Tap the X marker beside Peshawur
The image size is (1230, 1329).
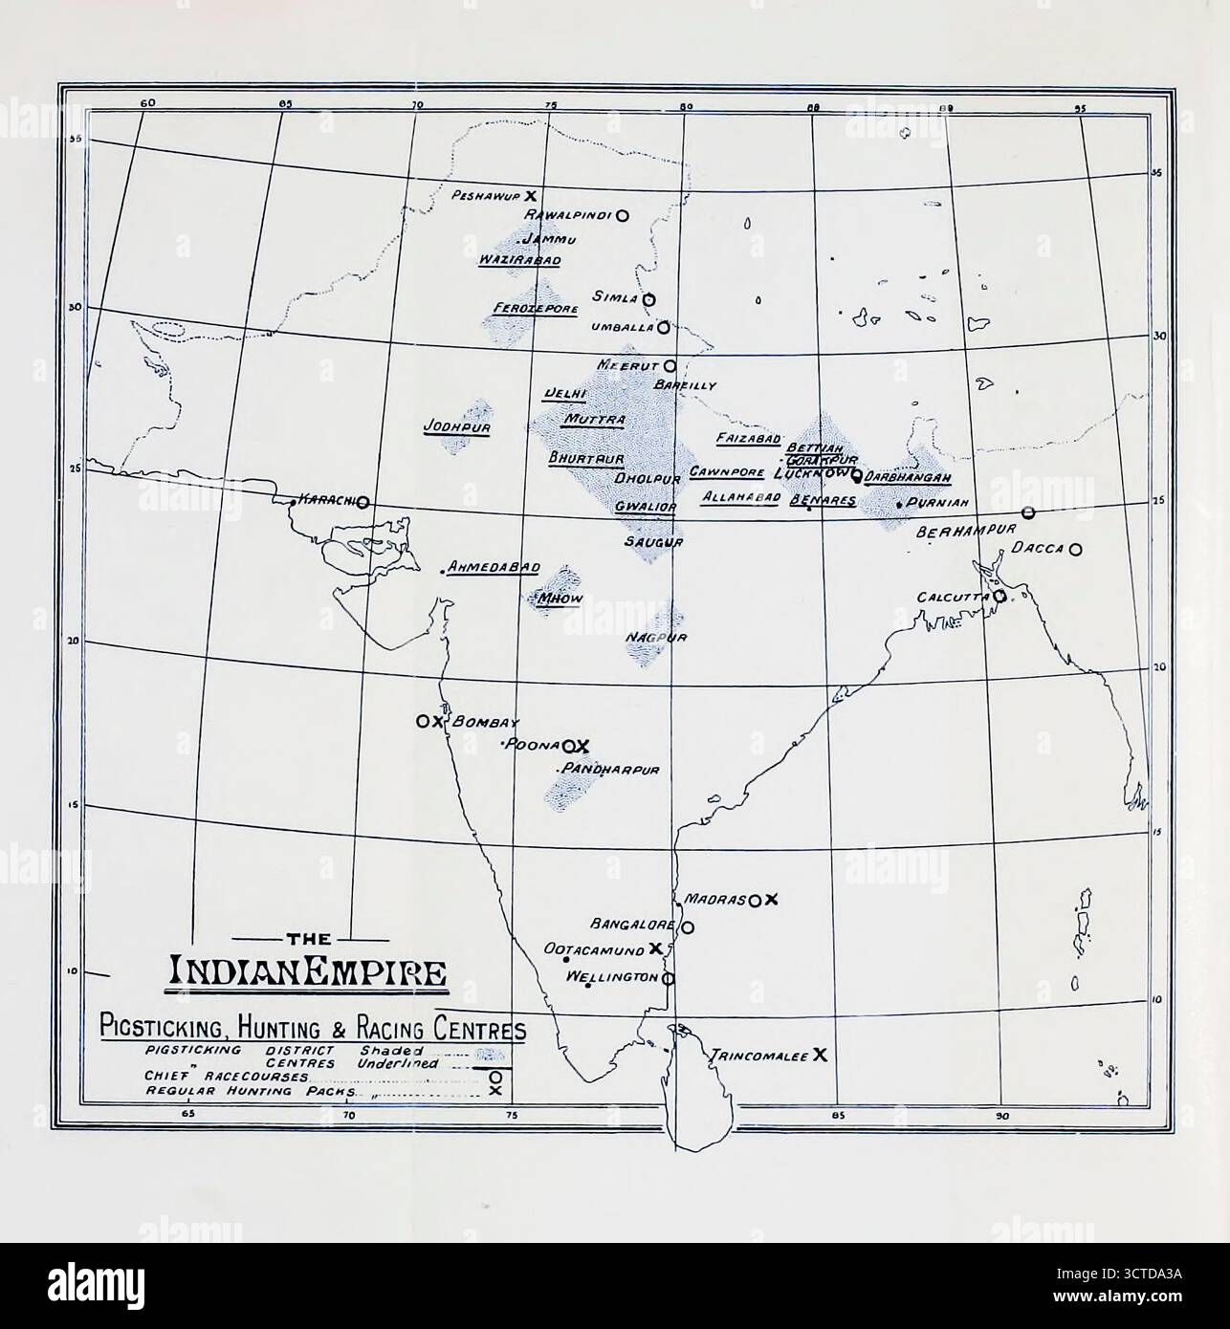pos(516,193)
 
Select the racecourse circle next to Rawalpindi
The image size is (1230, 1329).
pos(622,216)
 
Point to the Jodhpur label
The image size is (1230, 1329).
pos(456,427)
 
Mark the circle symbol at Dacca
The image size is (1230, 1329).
pos(1076,550)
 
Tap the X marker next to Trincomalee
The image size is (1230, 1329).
pos(820,1055)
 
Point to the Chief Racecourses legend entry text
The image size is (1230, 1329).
pos(226,1077)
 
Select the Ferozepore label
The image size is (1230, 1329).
pos(535,309)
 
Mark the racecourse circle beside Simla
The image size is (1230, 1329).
pos(648,299)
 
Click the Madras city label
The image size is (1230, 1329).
pos(715,900)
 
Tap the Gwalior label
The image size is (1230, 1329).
pos(646,506)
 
